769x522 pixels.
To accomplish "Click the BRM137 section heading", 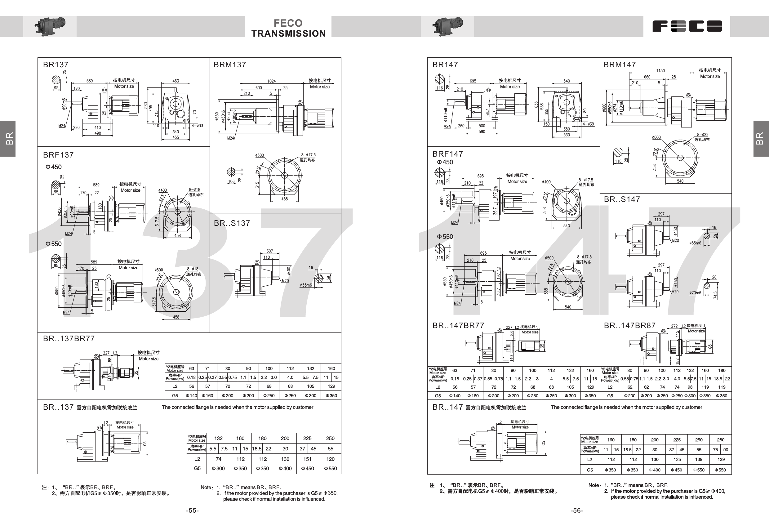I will coord(230,65).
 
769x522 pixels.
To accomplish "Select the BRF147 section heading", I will coord(448,154).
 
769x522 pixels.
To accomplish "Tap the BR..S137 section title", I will coord(232,223).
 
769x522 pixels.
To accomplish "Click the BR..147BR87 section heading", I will coord(629,326).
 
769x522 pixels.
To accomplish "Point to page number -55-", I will coord(192,511).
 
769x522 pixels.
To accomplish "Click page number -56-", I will coord(577,511).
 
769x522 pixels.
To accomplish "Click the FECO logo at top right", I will coord(687,26).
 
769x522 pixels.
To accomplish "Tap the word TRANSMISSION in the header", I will coord(288,34).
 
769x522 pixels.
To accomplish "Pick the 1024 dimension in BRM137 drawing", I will coord(271,81).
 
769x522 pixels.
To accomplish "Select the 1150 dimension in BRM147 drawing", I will coord(660,71).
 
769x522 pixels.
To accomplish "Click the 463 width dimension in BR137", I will coord(176,81).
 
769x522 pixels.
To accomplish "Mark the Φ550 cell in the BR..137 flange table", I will coord(330,468).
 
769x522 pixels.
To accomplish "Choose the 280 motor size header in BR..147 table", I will coord(721,440).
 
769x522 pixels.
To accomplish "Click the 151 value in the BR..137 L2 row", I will coord(307,459).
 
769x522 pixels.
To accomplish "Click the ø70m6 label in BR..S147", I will coord(695,293).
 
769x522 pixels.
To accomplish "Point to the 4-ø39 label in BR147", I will coord(588,124).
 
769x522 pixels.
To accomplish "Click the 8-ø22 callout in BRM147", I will coord(703,135).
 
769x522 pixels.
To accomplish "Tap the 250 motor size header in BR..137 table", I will coord(330,438).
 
